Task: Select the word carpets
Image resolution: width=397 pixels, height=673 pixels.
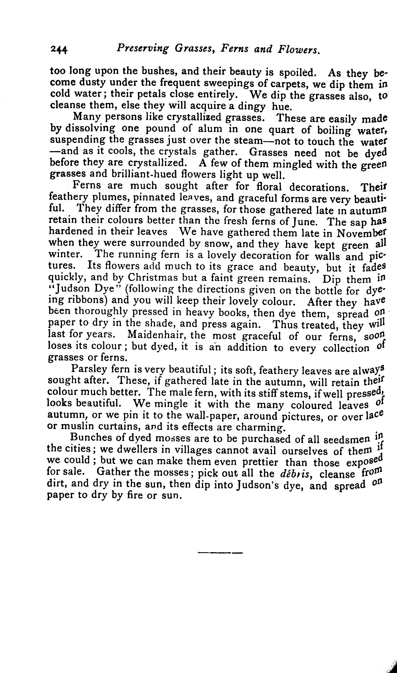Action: [x=288, y=84]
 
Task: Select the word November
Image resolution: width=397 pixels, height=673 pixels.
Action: [x=360, y=233]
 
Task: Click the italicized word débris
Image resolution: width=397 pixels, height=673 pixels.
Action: [x=295, y=474]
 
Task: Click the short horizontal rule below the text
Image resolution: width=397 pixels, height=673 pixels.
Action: [x=220, y=552]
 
